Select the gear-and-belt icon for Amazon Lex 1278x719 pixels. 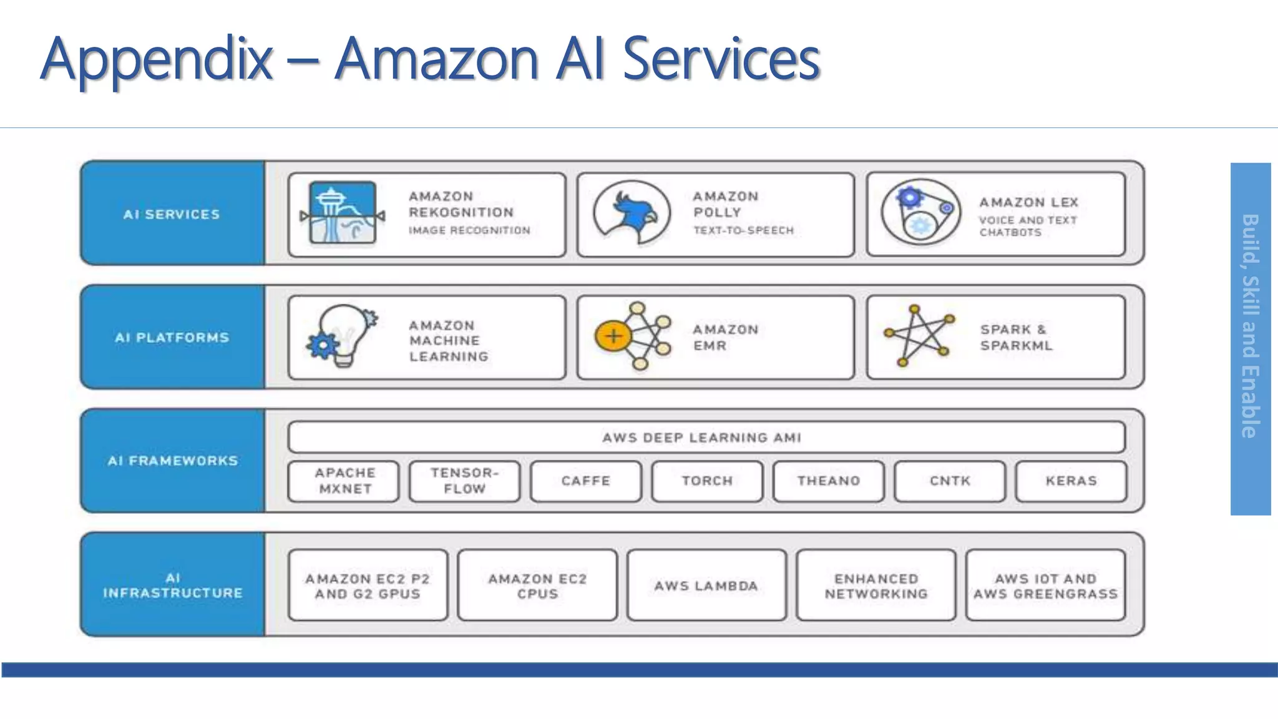pos(920,212)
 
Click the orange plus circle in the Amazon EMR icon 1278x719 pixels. pos(613,336)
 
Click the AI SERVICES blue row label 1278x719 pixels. pos(172,214)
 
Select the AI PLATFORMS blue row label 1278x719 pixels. pos(172,338)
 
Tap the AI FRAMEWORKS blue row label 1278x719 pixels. pos(172,461)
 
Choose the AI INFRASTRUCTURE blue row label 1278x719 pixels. pos(172,585)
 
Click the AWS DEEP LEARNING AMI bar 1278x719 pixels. pos(706,437)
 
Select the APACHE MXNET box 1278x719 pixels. pos(344,481)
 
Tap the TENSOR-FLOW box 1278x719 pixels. pos(465,481)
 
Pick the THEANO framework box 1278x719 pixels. pos(828,481)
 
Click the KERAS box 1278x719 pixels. pos(1071,481)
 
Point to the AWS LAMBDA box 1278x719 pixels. pos(706,585)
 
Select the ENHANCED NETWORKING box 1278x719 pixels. pos(876,585)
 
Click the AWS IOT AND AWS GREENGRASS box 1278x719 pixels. pos(1045,585)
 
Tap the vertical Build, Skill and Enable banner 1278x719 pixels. pos(1250,338)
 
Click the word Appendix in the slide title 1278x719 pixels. pos(156,59)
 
